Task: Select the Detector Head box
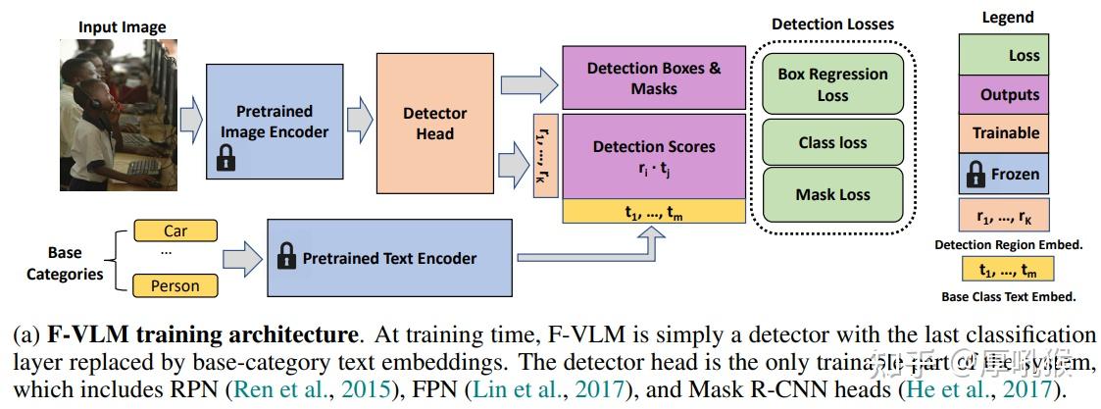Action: (x=434, y=123)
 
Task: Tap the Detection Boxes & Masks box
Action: (x=653, y=77)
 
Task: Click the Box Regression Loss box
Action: (x=832, y=84)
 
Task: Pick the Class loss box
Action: (x=832, y=143)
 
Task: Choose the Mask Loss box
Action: (x=832, y=194)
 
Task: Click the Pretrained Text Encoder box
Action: (x=389, y=259)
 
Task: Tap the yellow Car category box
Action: (x=175, y=231)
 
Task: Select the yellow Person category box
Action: (x=175, y=286)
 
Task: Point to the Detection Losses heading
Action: (x=832, y=24)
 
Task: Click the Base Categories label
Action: (x=65, y=263)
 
